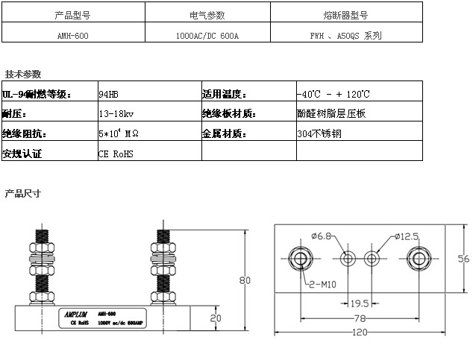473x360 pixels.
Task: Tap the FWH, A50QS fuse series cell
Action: (345, 35)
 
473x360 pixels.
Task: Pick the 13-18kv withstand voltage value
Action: (115, 114)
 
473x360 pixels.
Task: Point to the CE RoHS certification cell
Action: (118, 153)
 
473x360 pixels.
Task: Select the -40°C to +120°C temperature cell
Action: (332, 95)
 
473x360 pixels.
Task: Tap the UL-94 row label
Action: (37, 95)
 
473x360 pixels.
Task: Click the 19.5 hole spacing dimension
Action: (360, 303)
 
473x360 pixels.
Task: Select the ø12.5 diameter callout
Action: (406, 237)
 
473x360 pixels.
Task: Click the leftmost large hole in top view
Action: (301, 259)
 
